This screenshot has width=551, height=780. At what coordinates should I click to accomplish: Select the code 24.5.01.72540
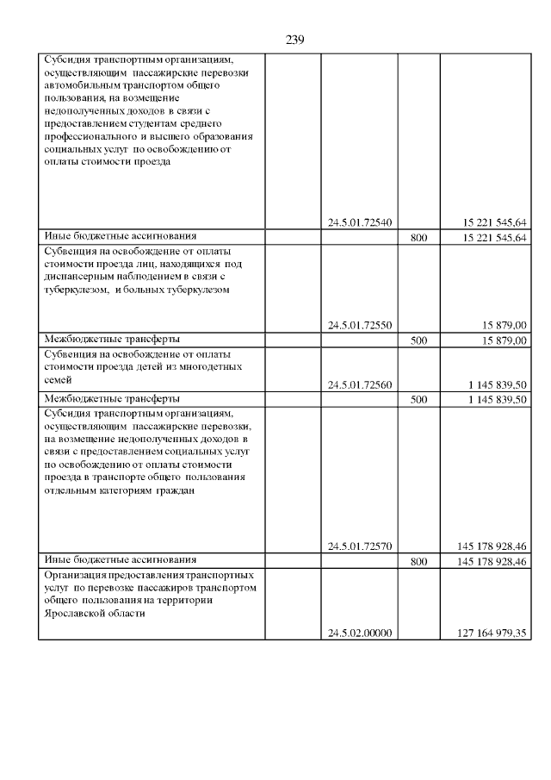pos(360,222)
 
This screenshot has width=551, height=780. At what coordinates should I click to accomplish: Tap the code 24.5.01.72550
pos(360,325)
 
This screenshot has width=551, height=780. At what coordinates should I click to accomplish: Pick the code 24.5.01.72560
pos(360,384)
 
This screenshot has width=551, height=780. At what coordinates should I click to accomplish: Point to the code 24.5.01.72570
pos(360,546)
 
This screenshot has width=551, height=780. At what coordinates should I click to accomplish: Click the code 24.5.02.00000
pos(360,633)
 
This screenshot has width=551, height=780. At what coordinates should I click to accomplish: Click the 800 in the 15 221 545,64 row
pos(419,237)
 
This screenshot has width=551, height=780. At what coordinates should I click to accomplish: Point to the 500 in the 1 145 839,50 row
pos(419,399)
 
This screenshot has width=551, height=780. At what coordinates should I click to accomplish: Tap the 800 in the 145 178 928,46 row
pos(419,561)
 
